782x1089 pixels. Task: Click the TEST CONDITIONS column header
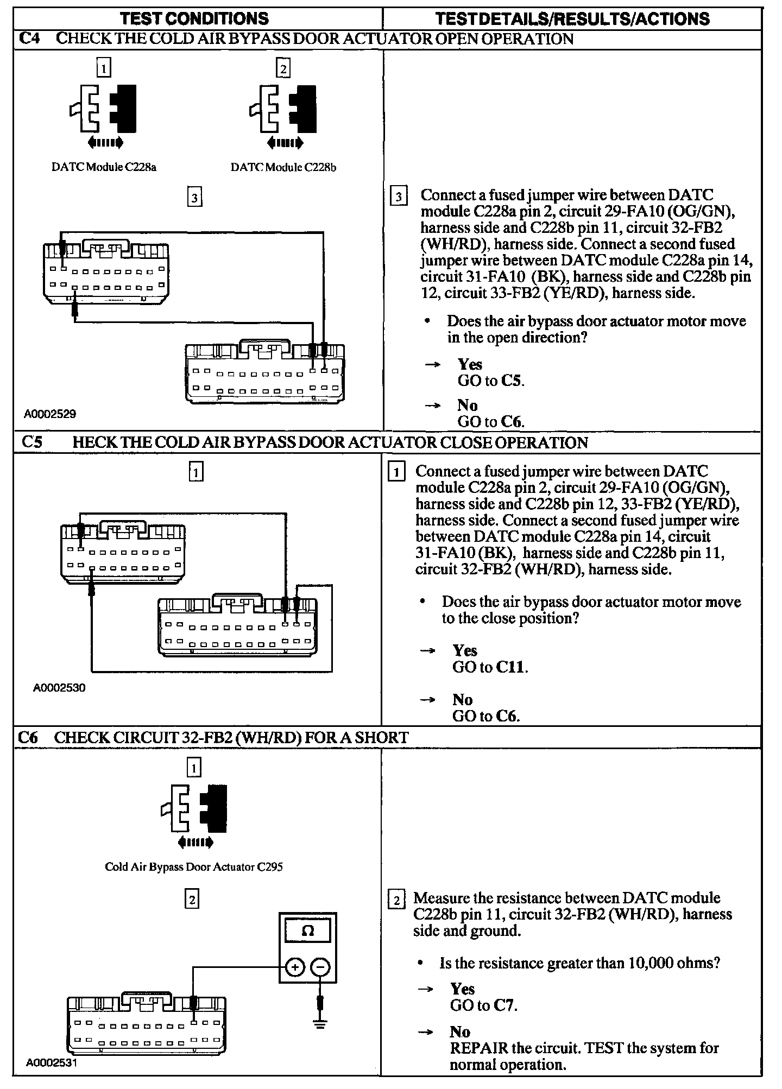(194, 19)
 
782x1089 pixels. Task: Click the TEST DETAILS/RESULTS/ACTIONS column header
(572, 19)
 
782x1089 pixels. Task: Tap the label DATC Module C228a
(104, 167)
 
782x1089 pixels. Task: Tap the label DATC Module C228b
(283, 167)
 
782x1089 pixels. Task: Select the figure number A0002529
(50, 414)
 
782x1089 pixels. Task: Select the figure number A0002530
(59, 688)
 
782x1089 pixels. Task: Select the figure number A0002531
(52, 1063)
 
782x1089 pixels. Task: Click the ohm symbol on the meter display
(307, 931)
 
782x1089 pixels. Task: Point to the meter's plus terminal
(295, 967)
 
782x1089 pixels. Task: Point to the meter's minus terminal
(320, 967)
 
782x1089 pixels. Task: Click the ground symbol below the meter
(320, 1024)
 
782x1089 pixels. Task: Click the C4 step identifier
(29, 39)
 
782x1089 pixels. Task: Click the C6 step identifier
(28, 737)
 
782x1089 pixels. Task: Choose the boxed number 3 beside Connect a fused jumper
(398, 197)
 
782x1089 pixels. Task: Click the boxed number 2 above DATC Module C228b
(283, 68)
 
